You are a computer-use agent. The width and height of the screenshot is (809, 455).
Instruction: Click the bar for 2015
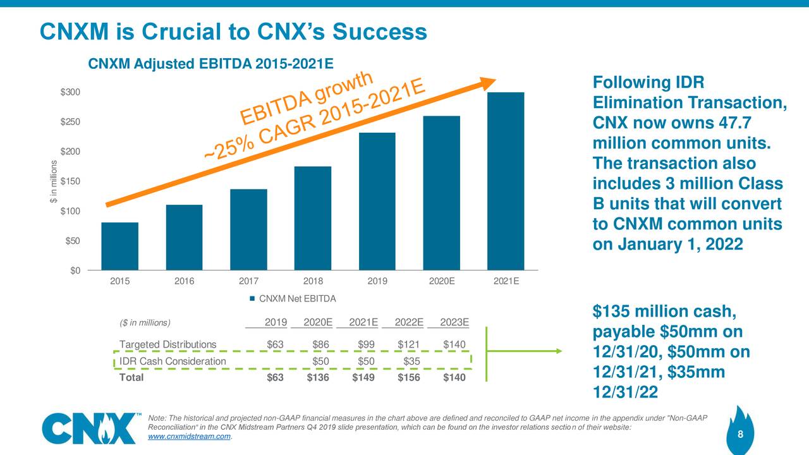point(119,246)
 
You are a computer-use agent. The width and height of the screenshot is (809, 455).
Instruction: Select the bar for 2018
point(313,218)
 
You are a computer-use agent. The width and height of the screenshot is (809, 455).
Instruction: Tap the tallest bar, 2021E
point(506,181)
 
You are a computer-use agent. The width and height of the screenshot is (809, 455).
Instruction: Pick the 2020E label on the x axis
point(441,282)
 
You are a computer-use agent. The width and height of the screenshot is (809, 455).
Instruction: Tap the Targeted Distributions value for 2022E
point(408,344)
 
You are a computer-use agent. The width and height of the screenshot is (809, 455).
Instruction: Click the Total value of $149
point(363,378)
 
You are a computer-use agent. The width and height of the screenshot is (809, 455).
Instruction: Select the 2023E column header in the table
point(454,322)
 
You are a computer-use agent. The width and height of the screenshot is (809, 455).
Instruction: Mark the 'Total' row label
point(131,378)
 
